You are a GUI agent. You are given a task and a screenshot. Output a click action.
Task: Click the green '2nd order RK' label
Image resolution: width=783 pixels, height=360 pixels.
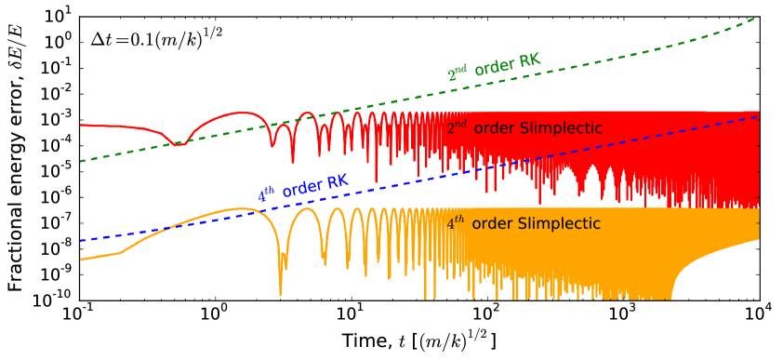click(494, 67)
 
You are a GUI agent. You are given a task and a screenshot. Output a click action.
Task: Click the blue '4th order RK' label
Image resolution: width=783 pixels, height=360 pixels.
click(303, 188)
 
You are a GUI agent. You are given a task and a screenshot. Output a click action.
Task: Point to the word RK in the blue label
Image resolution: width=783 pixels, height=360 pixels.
click(338, 180)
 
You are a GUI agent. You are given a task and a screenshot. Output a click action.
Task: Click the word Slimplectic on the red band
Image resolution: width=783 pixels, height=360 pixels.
click(560, 127)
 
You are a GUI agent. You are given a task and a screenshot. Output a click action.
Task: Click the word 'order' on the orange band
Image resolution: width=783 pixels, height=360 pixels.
click(492, 223)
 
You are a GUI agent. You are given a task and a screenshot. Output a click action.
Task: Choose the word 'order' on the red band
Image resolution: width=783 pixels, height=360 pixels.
click(494, 127)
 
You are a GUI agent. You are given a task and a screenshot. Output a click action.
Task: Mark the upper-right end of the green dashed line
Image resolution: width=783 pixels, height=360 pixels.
click(754, 18)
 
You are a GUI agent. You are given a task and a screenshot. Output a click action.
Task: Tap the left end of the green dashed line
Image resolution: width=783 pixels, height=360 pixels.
click(81, 162)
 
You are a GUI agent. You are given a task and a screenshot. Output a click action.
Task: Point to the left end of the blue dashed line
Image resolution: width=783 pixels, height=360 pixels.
click(81, 241)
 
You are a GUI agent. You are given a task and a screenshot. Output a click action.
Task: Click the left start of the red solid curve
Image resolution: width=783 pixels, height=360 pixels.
click(81, 125)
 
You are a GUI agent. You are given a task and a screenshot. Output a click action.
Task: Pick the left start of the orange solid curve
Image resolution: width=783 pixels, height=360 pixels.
click(81, 260)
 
